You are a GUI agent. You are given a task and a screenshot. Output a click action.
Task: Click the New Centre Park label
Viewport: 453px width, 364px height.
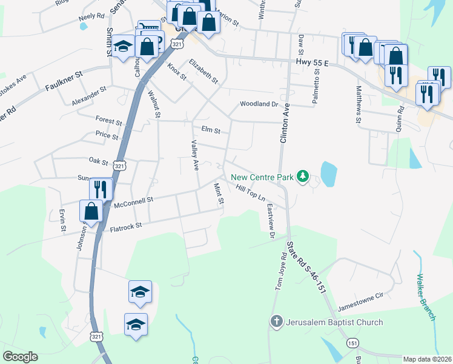click(x=262, y=177)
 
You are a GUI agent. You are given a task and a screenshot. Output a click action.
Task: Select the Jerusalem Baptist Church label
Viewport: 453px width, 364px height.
click(x=335, y=322)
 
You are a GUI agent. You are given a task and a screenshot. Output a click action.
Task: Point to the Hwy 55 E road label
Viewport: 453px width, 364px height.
click(x=312, y=62)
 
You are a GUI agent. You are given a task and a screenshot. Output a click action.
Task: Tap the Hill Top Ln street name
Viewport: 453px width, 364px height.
click(x=251, y=192)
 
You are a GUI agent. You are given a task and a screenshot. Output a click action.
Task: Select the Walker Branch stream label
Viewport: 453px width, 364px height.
click(x=426, y=297)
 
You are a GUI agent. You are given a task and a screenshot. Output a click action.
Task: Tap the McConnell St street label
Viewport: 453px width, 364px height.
click(x=134, y=202)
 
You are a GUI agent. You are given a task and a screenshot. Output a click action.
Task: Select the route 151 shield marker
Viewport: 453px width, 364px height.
click(x=352, y=343)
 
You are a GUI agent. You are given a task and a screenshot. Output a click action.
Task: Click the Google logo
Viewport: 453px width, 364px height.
click(x=21, y=357)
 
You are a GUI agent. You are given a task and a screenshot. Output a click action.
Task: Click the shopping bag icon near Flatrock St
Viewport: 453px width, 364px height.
click(x=91, y=212)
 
